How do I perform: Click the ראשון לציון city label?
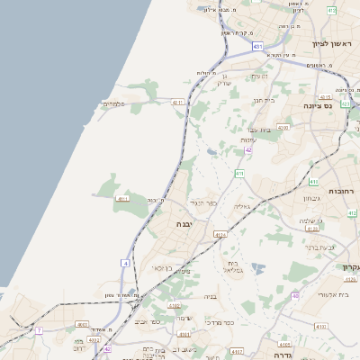click(x=333, y=43)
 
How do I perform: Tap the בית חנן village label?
click(x=260, y=100)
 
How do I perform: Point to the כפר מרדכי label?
click(x=218, y=322)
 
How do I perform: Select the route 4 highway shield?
click(x=126, y=263)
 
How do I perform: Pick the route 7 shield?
click(x=39, y=330)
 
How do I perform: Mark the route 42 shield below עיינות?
click(x=248, y=149)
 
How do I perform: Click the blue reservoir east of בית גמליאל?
click(x=259, y=268)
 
